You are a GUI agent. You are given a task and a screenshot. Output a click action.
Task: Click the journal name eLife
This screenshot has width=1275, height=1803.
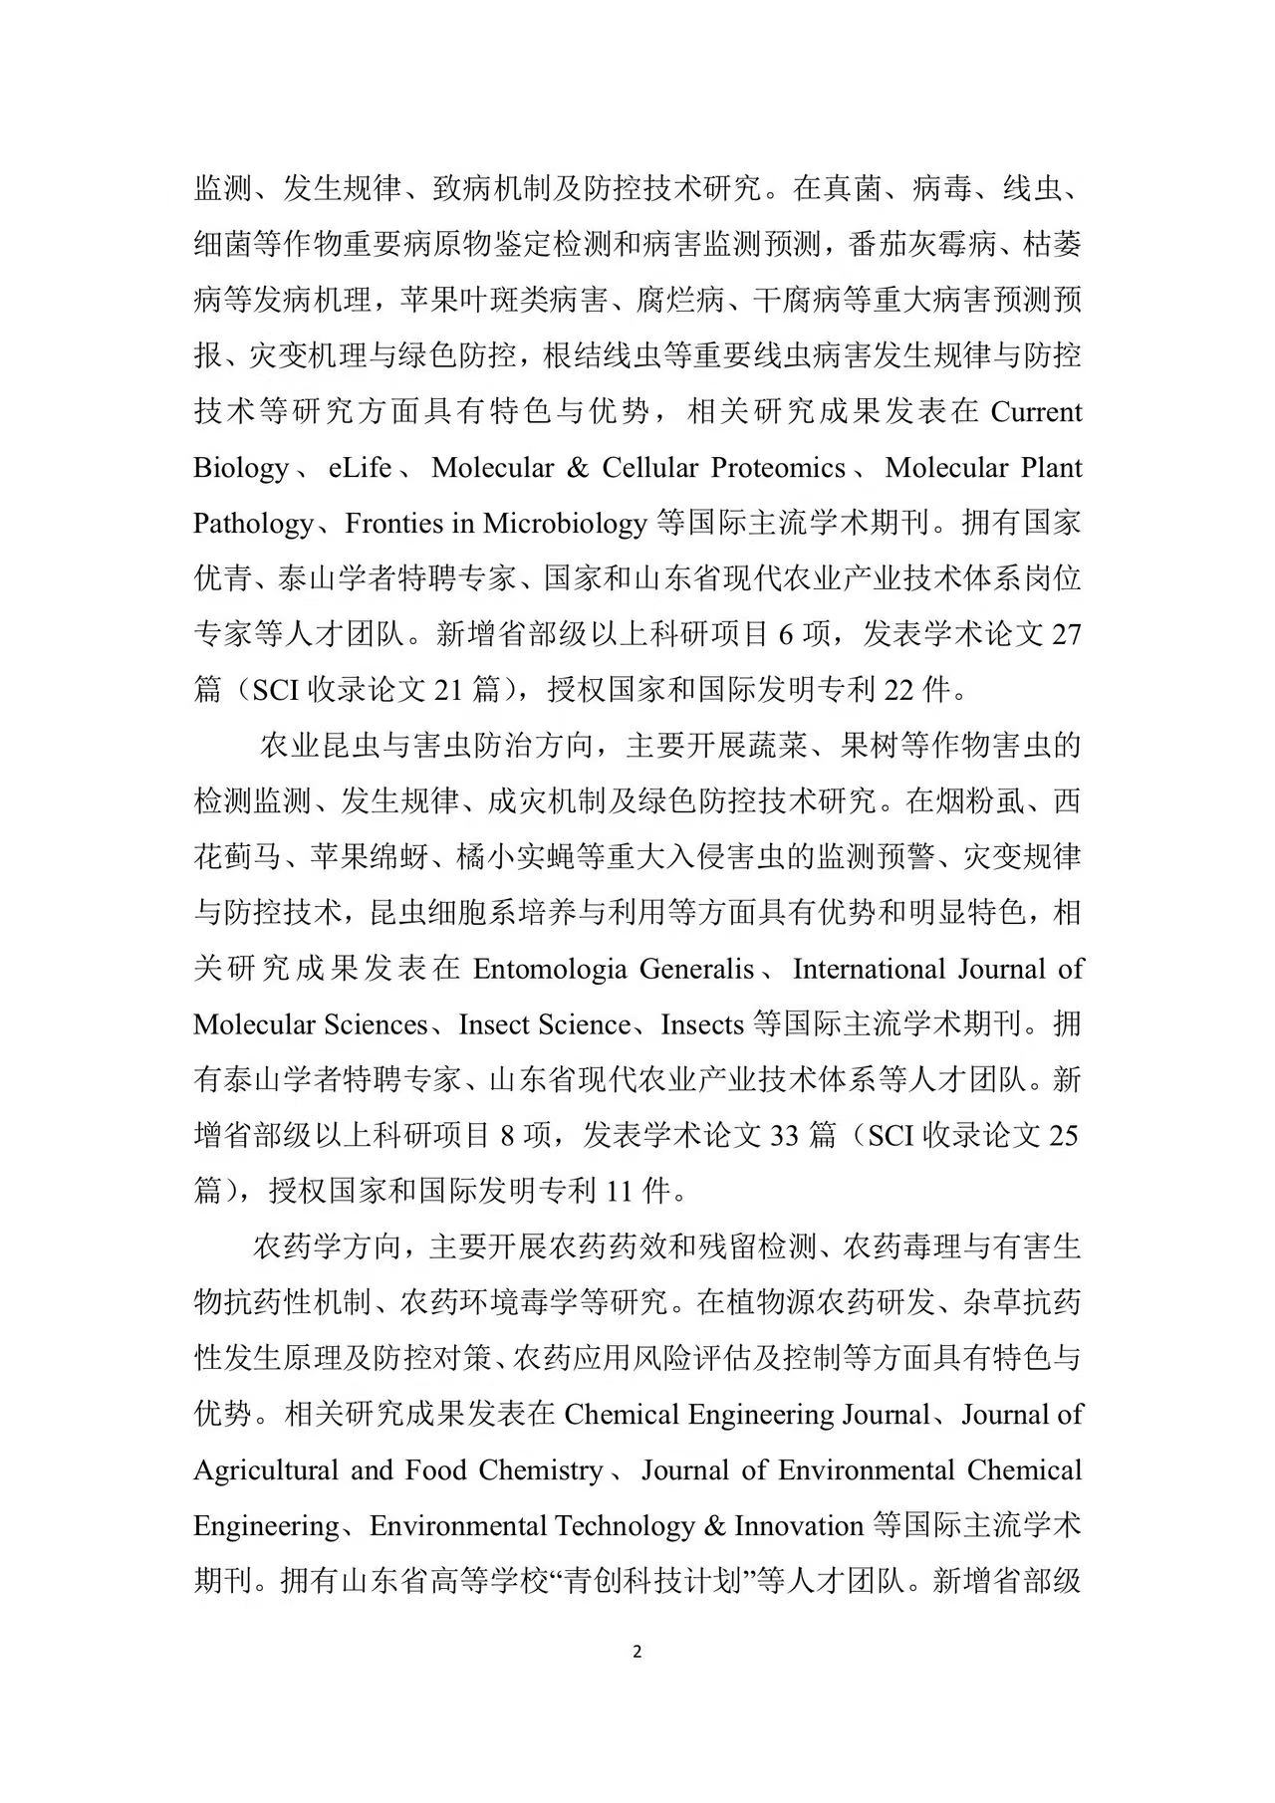360,468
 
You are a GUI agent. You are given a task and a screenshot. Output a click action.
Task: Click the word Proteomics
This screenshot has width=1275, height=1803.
781,468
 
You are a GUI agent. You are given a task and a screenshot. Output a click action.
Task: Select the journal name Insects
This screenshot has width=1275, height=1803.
703,1025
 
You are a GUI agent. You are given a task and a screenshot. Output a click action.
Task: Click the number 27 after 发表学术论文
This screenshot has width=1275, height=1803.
1066,635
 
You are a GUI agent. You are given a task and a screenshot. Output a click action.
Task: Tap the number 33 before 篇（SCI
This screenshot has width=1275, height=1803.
786,1135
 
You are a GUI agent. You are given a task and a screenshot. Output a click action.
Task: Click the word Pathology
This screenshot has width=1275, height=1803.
252,524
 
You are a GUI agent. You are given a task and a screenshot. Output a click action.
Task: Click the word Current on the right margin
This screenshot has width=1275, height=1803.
1036,412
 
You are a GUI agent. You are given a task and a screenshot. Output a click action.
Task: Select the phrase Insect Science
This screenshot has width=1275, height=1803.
544,1025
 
